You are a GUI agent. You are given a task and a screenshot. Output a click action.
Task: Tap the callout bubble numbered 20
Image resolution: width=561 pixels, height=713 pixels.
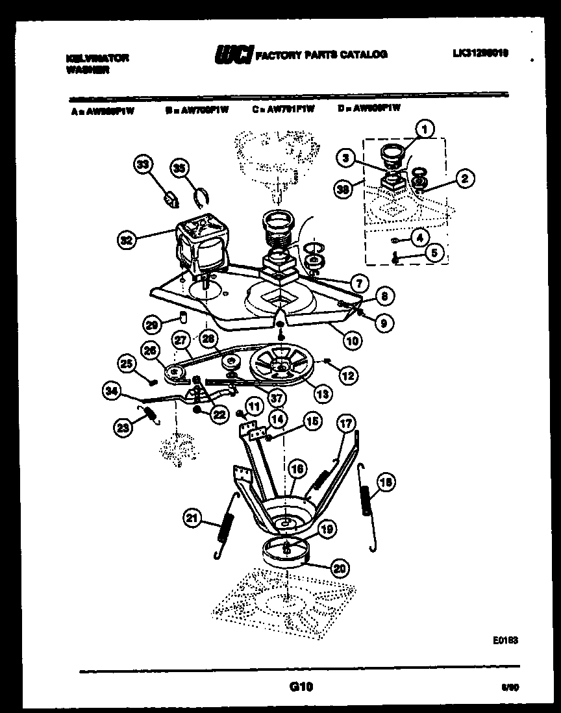click(x=338, y=568)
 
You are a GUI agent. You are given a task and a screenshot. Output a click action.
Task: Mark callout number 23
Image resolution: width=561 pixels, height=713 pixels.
click(x=123, y=426)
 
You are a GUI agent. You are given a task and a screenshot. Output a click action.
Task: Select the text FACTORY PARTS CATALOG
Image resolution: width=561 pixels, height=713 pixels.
click(x=323, y=55)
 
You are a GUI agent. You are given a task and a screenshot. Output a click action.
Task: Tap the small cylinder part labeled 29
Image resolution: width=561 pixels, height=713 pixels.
click(x=183, y=318)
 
